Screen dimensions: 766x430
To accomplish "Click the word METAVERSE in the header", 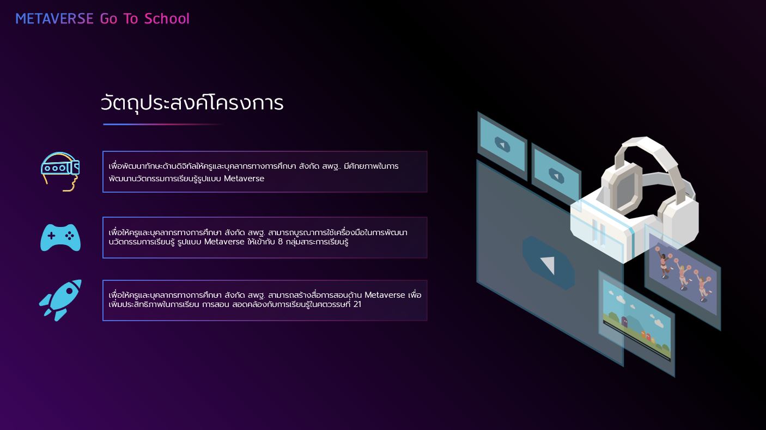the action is pyautogui.click(x=54, y=19).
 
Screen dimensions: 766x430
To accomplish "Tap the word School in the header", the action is pyautogui.click(x=167, y=19).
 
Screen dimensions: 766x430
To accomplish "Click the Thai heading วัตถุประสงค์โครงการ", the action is pyautogui.click(x=192, y=102).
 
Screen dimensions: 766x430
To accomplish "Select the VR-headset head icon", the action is pyautogui.click(x=60, y=171).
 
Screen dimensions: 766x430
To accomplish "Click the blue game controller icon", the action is pyautogui.click(x=60, y=237).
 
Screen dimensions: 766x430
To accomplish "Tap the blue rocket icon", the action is pyautogui.click(x=61, y=300).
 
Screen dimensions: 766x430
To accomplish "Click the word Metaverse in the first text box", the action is pyautogui.click(x=244, y=179).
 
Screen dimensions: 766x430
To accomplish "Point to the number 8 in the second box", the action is pyautogui.click(x=281, y=242).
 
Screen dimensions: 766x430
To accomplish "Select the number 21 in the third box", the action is pyautogui.click(x=357, y=304).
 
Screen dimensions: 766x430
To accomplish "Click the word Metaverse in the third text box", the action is pyautogui.click(x=385, y=295).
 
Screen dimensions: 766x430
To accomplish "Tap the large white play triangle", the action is pyautogui.click(x=548, y=265).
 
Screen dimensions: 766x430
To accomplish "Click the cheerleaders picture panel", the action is pyautogui.click(x=683, y=277).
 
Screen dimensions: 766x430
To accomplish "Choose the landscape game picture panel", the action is pyautogui.click(x=636, y=323).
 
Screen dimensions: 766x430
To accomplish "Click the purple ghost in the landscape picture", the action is pyautogui.click(x=624, y=321).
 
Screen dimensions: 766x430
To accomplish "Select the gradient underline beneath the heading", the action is pyautogui.click(x=163, y=124).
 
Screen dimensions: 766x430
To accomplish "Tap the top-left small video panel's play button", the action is pyautogui.click(x=502, y=144).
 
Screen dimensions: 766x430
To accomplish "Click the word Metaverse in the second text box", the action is pyautogui.click(x=224, y=242).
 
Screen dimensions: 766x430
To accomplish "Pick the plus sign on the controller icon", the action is pyautogui.click(x=51, y=236).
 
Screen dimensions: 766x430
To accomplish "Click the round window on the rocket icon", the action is pyautogui.click(x=69, y=291).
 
